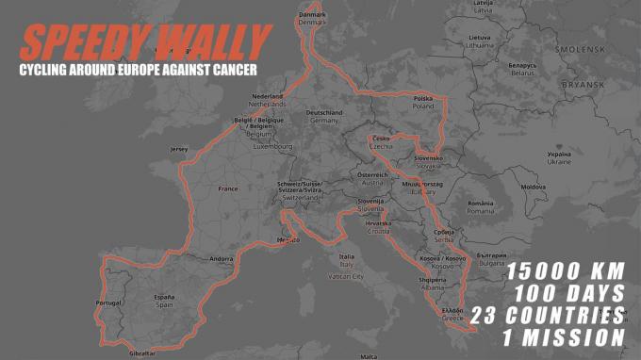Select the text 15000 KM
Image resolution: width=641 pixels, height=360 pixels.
pos(566,271)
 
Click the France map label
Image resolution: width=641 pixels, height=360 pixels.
pos(228,188)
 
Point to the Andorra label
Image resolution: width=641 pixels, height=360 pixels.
pos(222,258)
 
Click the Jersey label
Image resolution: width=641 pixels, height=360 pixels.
pos(179,149)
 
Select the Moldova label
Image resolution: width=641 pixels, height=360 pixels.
pos(534,187)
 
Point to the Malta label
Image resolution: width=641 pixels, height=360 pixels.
pos(369,355)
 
